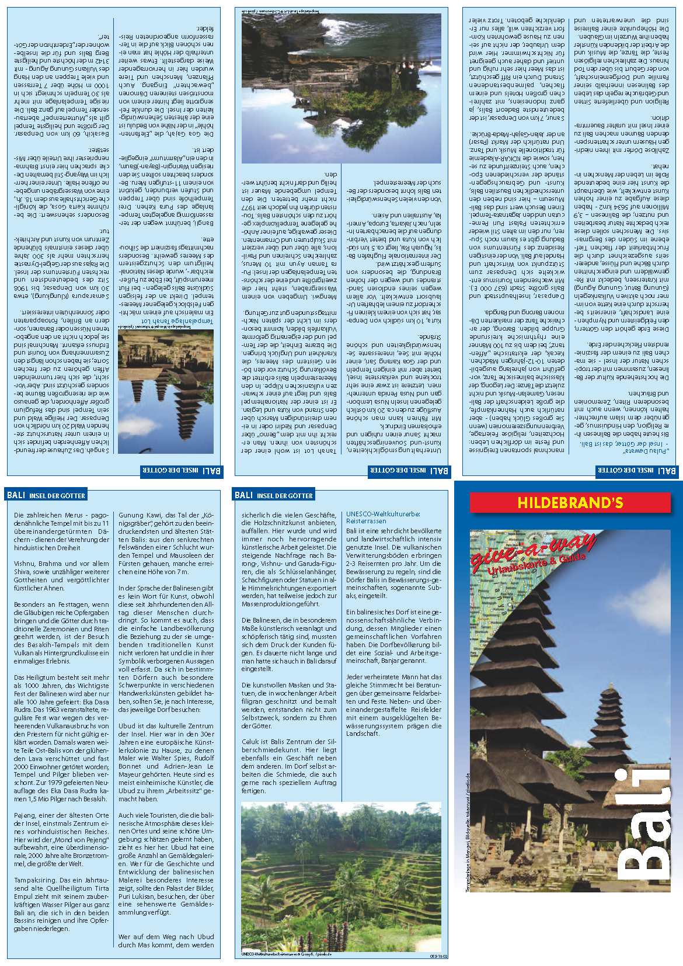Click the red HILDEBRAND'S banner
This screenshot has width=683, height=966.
click(x=570, y=503)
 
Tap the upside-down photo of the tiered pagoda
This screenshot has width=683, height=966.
click(x=166, y=391)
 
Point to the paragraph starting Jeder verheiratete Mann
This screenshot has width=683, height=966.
click(x=393, y=705)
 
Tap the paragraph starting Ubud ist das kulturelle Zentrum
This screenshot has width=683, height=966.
click(x=166, y=762)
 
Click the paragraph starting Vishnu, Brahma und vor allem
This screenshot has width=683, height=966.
click(x=61, y=576)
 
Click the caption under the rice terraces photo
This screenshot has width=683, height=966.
click(x=286, y=954)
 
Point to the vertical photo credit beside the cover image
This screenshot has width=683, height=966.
click(x=468, y=829)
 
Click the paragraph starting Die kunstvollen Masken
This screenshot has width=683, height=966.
click(x=289, y=706)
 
